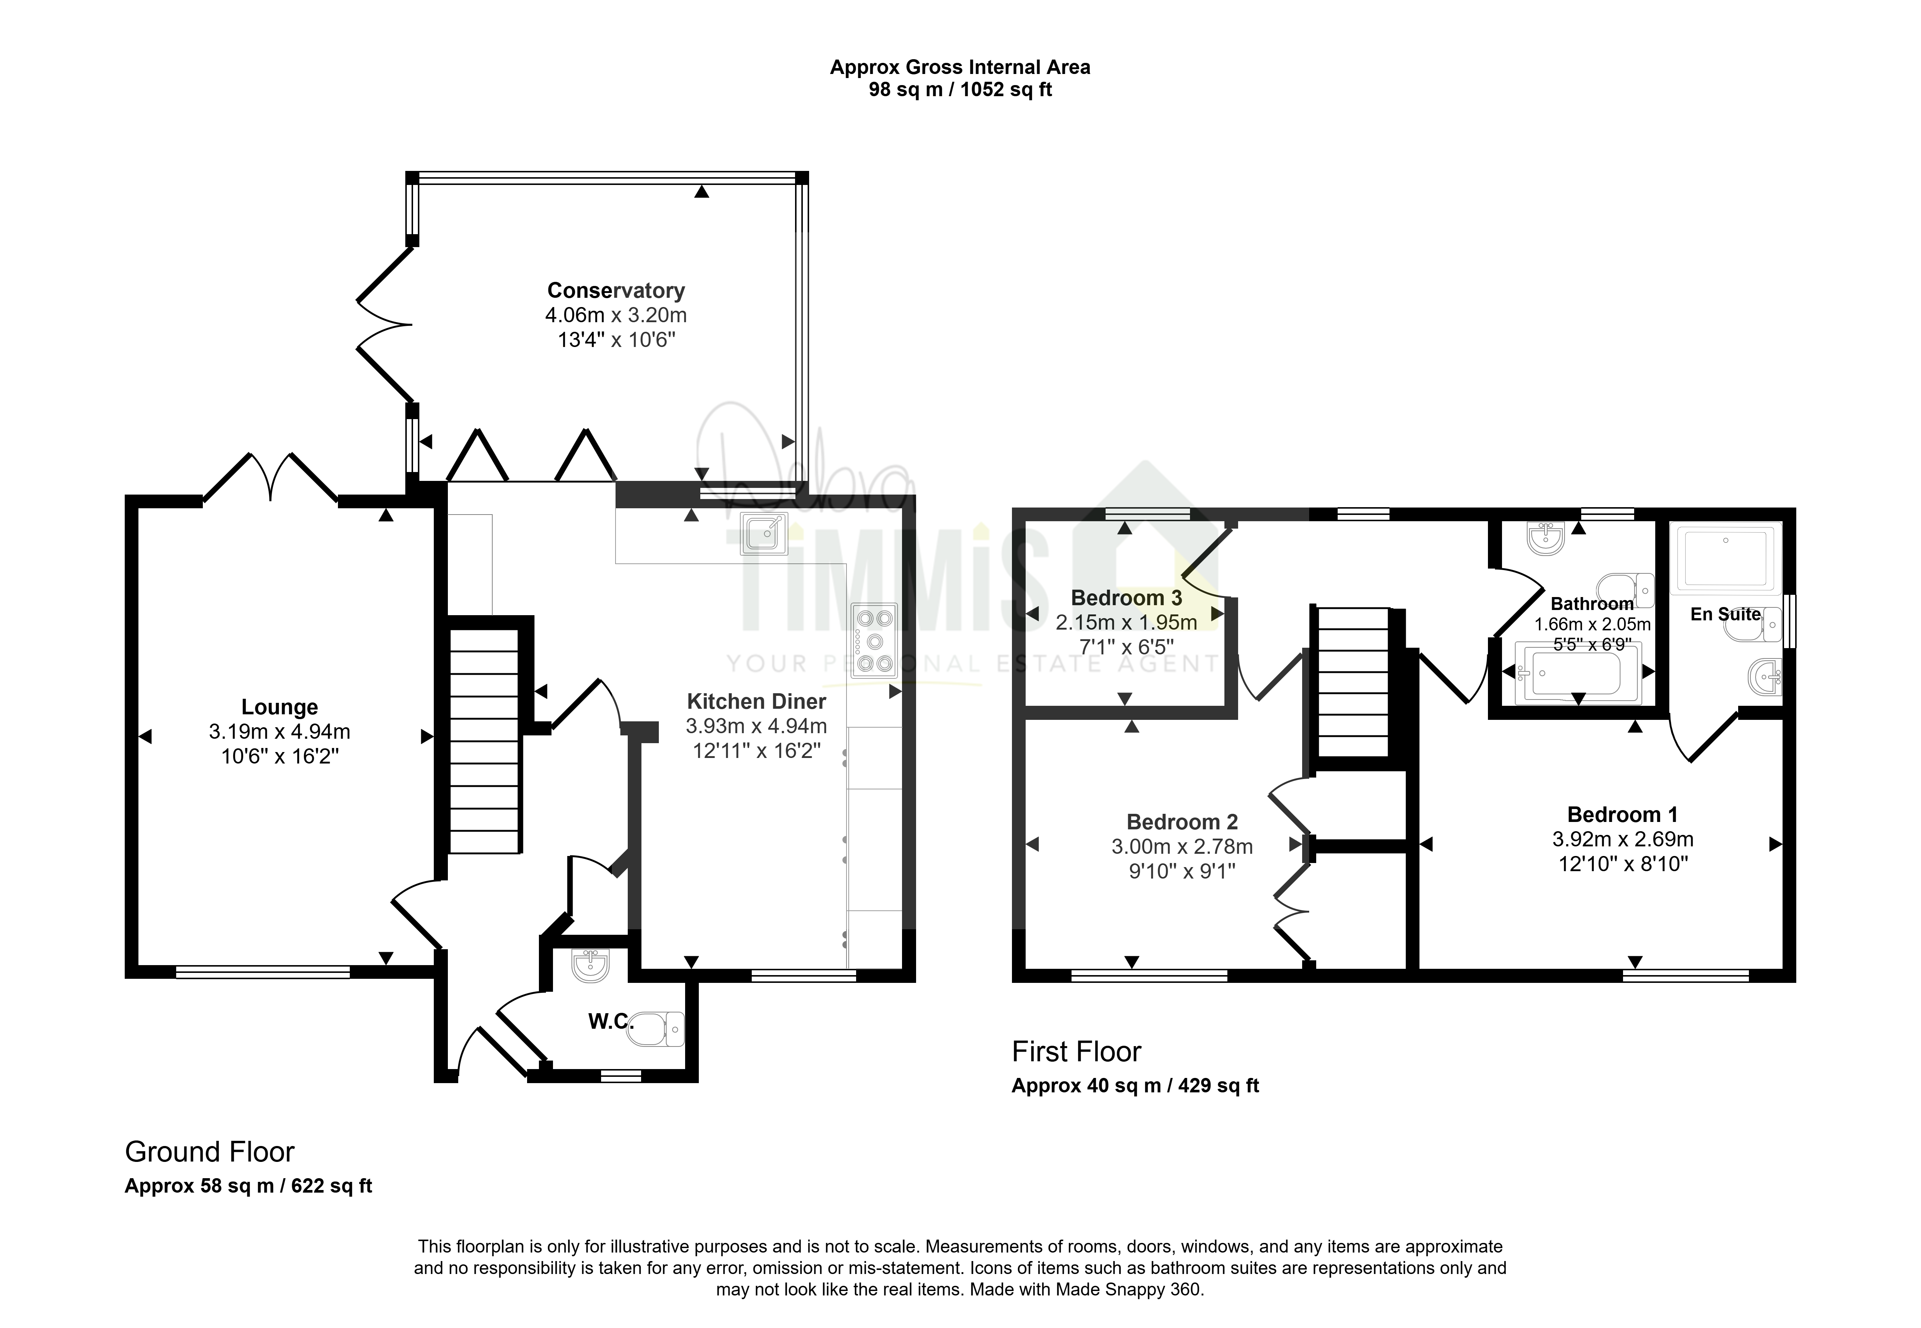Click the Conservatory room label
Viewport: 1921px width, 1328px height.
pyautogui.click(x=616, y=290)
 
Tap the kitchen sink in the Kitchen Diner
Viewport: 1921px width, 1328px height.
pyautogui.click(x=763, y=533)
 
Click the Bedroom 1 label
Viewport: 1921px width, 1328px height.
pyautogui.click(x=1622, y=815)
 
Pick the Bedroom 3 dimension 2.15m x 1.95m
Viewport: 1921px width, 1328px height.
pyautogui.click(x=1126, y=623)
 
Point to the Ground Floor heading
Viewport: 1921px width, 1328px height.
pyautogui.click(x=210, y=1152)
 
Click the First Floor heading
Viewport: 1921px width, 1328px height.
pyautogui.click(x=1076, y=1052)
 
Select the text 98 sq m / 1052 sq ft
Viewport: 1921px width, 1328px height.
pyautogui.click(x=960, y=90)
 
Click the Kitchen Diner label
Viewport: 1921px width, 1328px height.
pyautogui.click(x=757, y=701)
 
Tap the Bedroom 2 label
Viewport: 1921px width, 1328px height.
pyautogui.click(x=1182, y=822)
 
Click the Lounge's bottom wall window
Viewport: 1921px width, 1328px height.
pyautogui.click(x=263, y=971)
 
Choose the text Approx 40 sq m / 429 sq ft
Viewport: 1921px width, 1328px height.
pyautogui.click(x=1135, y=1086)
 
